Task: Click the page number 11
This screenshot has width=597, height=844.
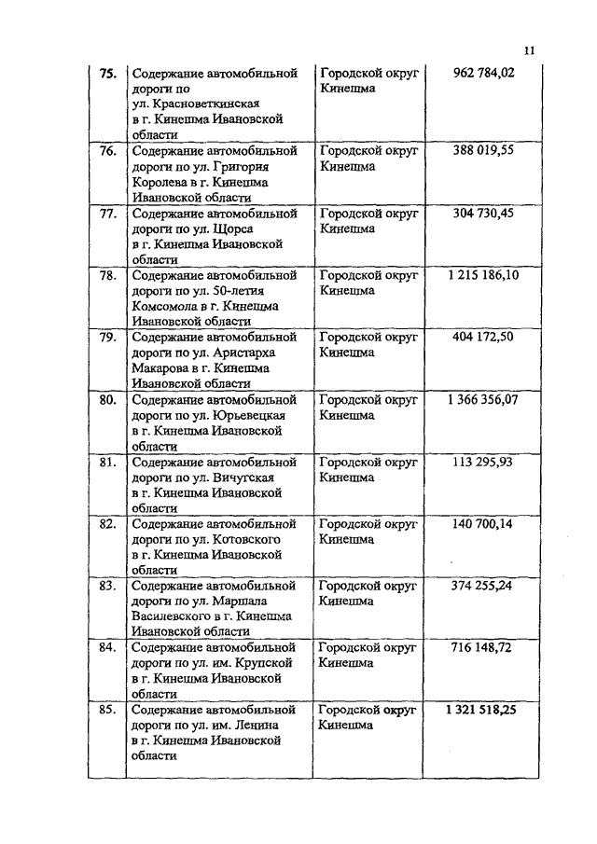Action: pyautogui.click(x=529, y=51)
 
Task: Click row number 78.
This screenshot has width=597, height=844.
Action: pyautogui.click(x=107, y=275)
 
